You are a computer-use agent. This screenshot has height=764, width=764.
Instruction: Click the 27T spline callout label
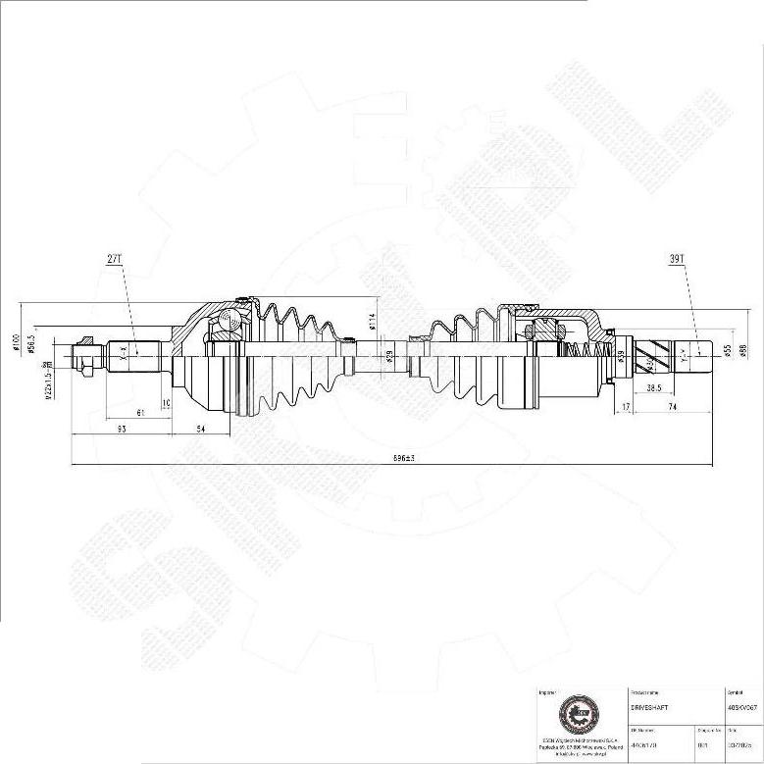click(x=114, y=259)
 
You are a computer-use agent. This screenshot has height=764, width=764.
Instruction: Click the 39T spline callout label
click(x=676, y=259)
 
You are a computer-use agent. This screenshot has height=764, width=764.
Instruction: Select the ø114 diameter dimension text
click(x=373, y=321)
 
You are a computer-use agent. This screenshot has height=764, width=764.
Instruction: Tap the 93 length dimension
click(x=121, y=430)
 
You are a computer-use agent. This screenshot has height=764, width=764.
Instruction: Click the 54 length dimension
click(x=200, y=430)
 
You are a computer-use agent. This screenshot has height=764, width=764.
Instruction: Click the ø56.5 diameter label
click(x=31, y=344)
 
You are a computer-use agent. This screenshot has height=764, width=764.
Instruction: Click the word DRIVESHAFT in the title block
click(x=649, y=705)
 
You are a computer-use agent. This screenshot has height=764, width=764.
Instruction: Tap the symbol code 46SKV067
click(x=740, y=705)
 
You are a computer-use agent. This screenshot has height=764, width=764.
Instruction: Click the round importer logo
click(x=575, y=714)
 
